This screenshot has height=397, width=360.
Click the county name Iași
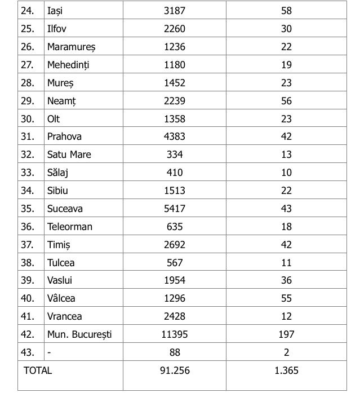pos(55,11)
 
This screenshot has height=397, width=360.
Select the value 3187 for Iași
pos(174,11)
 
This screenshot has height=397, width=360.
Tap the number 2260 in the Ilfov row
pos(174,29)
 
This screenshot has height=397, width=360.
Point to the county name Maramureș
pos(71,47)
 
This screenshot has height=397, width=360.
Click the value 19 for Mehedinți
pos(286,65)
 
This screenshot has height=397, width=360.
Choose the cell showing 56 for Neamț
pos(286,101)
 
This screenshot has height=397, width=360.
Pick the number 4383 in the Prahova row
pos(174,136)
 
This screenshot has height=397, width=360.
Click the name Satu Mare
pos(69,155)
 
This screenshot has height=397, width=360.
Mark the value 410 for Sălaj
pos(174,173)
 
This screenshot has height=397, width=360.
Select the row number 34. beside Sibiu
pos(28,191)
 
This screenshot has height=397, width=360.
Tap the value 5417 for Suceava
pos(174,209)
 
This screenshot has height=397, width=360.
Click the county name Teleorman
pos(69,227)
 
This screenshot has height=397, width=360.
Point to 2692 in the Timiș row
pos(174,245)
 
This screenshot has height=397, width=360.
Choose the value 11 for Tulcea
pos(286,263)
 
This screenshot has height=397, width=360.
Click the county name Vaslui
pos(60,280)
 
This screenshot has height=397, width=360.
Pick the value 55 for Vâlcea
pos(286,298)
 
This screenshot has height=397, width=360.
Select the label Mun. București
pos(79,334)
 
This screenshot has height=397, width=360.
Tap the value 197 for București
pos(286,334)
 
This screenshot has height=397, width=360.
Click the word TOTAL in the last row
pos(38,370)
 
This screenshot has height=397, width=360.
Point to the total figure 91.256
pos(174,370)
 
